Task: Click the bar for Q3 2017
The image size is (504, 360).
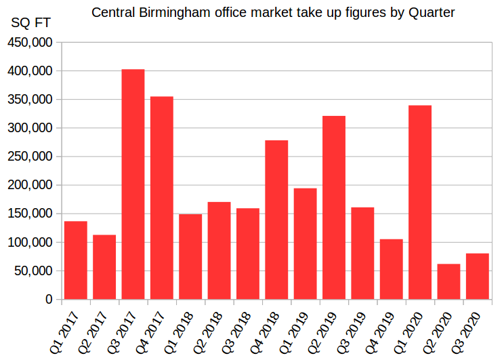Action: point(133,184)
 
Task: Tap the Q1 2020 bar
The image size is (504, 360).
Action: point(420,202)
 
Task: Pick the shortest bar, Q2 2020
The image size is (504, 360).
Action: point(448,281)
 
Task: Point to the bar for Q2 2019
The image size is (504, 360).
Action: point(334,207)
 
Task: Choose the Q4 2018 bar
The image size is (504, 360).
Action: point(276,220)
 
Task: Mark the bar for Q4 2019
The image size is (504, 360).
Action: point(391,269)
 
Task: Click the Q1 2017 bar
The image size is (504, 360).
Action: point(75,260)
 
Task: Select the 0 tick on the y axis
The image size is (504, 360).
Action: point(49,299)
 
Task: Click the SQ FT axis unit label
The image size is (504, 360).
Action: point(30,22)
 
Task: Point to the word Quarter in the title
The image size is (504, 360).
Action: point(431,12)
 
